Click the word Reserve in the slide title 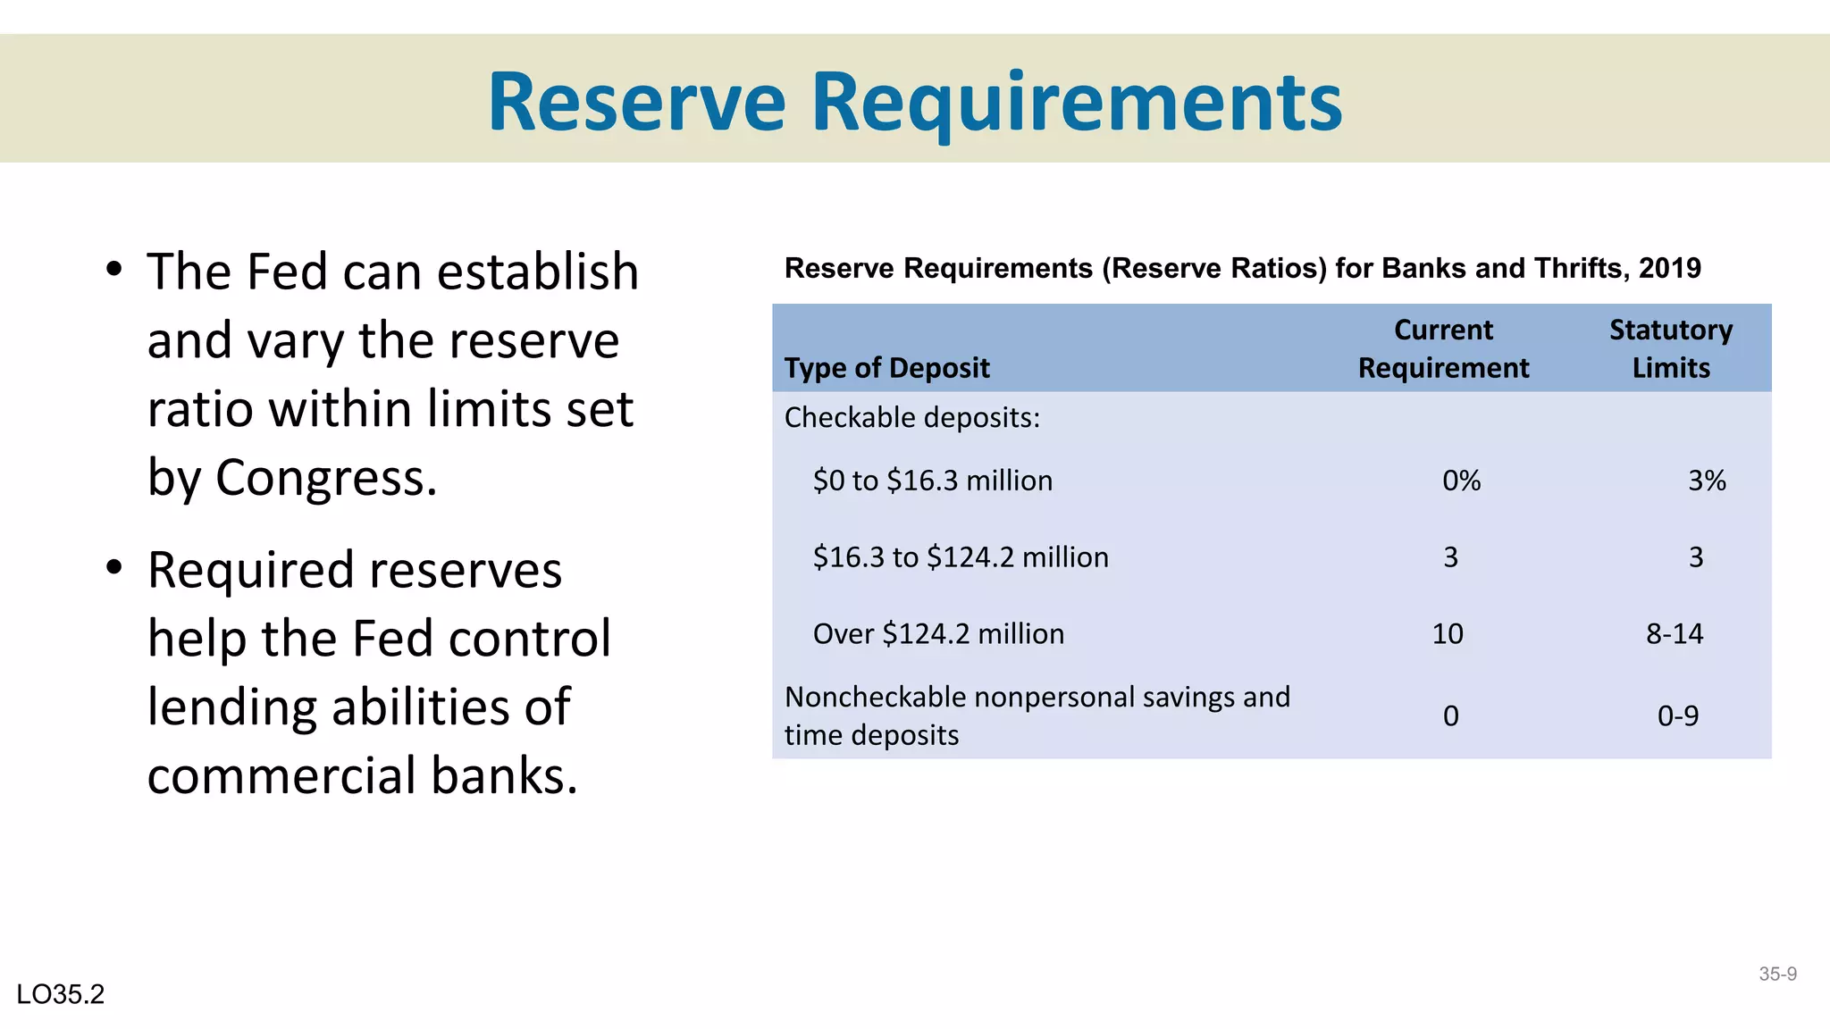636,102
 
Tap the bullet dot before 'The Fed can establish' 113,269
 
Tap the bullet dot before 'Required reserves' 113,567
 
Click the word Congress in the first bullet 325,478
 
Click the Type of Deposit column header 886,368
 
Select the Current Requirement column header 1443,349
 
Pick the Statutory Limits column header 1670,349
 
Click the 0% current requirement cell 1461,481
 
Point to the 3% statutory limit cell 1706,481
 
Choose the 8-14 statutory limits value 1675,634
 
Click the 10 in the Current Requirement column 1448,634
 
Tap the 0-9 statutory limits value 1677,715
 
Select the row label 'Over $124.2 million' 938,634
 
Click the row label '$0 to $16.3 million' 932,481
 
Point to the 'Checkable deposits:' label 911,417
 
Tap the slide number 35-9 1777,974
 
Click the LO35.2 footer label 61,994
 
